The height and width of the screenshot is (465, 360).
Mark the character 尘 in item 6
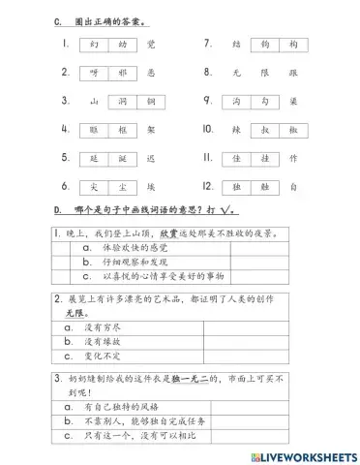[x=93, y=185]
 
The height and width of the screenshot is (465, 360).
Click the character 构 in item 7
[x=291, y=44]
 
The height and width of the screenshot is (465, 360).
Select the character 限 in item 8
[x=263, y=72]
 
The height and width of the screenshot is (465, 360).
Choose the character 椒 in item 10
[x=291, y=129]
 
